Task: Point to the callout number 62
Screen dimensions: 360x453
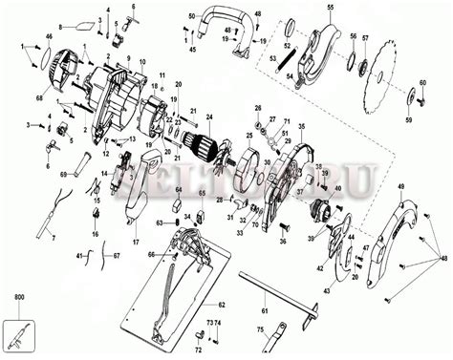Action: [221, 278]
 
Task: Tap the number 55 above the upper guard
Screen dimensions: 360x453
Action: [330, 8]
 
